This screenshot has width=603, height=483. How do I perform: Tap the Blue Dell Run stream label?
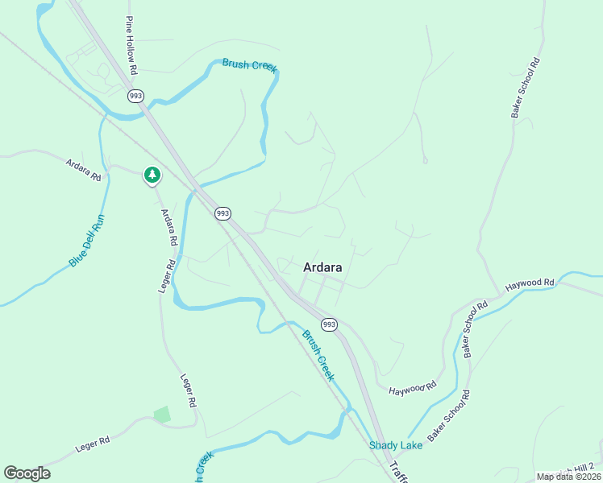click(x=87, y=240)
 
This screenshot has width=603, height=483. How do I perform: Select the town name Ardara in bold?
click(x=322, y=267)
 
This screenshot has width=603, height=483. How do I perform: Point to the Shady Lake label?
click(x=390, y=445)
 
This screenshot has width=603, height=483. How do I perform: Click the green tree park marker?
click(x=152, y=175)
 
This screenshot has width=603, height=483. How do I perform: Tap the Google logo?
click(x=27, y=473)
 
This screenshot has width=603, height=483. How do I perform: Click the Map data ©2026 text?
click(x=568, y=477)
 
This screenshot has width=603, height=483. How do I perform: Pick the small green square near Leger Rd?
click(x=162, y=415)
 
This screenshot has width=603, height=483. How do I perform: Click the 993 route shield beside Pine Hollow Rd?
click(x=135, y=96)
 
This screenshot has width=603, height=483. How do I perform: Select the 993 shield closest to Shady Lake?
click(x=329, y=324)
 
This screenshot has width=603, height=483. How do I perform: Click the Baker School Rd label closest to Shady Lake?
click(x=449, y=416)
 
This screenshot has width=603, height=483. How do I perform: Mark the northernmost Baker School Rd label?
click(x=525, y=89)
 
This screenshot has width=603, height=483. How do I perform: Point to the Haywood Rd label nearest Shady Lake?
click(x=412, y=390)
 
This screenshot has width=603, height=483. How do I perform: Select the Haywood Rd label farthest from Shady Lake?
click(x=530, y=284)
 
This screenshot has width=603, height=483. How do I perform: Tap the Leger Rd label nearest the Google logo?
click(x=92, y=442)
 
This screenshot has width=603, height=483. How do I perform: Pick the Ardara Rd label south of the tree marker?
click(x=168, y=227)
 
